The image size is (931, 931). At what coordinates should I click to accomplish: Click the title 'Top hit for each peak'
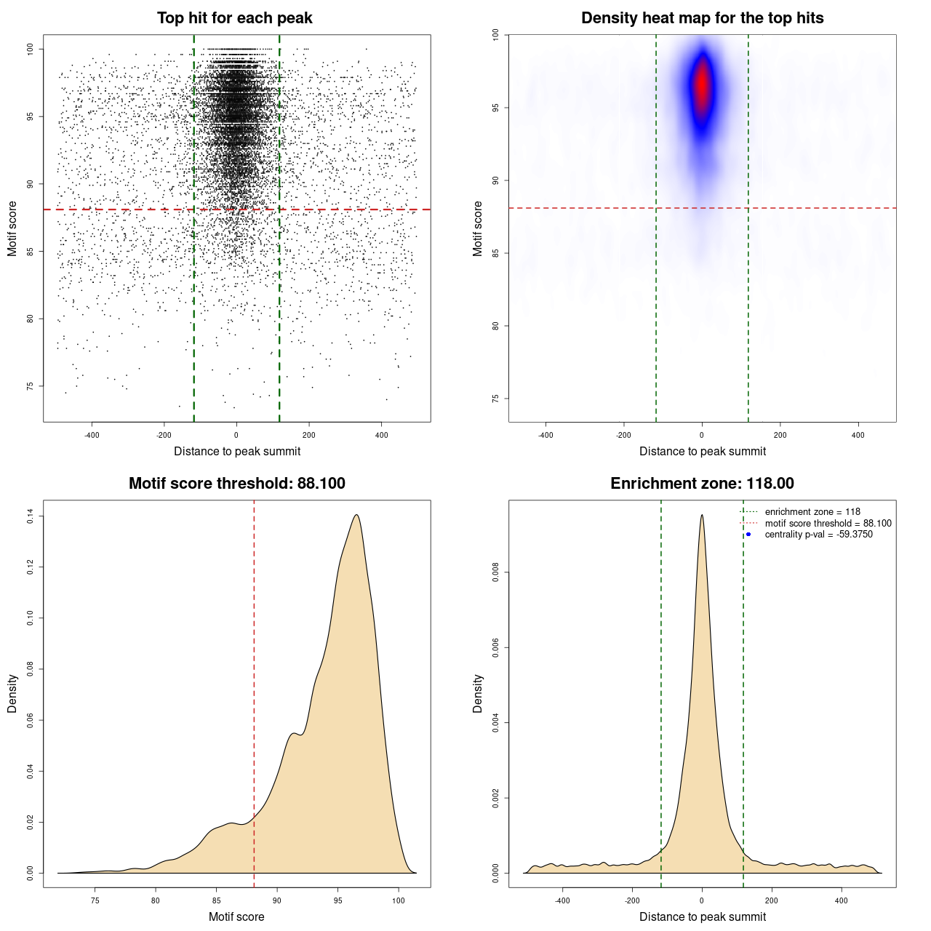click(x=235, y=18)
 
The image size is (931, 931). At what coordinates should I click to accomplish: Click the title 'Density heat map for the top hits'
click(x=702, y=18)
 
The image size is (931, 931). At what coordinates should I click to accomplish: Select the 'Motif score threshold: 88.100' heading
click(x=236, y=484)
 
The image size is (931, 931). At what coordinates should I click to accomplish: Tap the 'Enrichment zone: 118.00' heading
click(x=702, y=484)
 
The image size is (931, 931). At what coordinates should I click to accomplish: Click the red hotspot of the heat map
click(x=702, y=85)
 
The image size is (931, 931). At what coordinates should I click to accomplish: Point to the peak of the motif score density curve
click(x=356, y=515)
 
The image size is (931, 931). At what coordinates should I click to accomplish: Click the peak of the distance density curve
click(x=702, y=515)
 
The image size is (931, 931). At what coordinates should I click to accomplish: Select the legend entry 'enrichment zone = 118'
click(x=812, y=512)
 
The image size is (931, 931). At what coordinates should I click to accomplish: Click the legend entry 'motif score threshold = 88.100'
click(x=828, y=523)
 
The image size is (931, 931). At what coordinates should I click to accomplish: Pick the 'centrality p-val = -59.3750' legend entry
click(x=818, y=535)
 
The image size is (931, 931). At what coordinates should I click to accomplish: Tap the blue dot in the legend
click(x=748, y=535)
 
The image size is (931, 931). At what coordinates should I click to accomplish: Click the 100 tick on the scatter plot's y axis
click(x=31, y=49)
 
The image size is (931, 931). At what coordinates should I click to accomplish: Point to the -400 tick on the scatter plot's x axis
click(x=92, y=435)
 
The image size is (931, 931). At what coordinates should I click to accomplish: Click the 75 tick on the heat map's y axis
click(x=496, y=399)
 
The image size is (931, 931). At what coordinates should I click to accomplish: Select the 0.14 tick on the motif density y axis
click(x=31, y=516)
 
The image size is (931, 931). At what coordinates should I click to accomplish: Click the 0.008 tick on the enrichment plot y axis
click(x=496, y=572)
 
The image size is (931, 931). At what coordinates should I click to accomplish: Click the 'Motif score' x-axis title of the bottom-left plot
click(x=236, y=916)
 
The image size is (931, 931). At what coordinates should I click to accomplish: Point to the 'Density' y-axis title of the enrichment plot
click(x=478, y=693)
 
